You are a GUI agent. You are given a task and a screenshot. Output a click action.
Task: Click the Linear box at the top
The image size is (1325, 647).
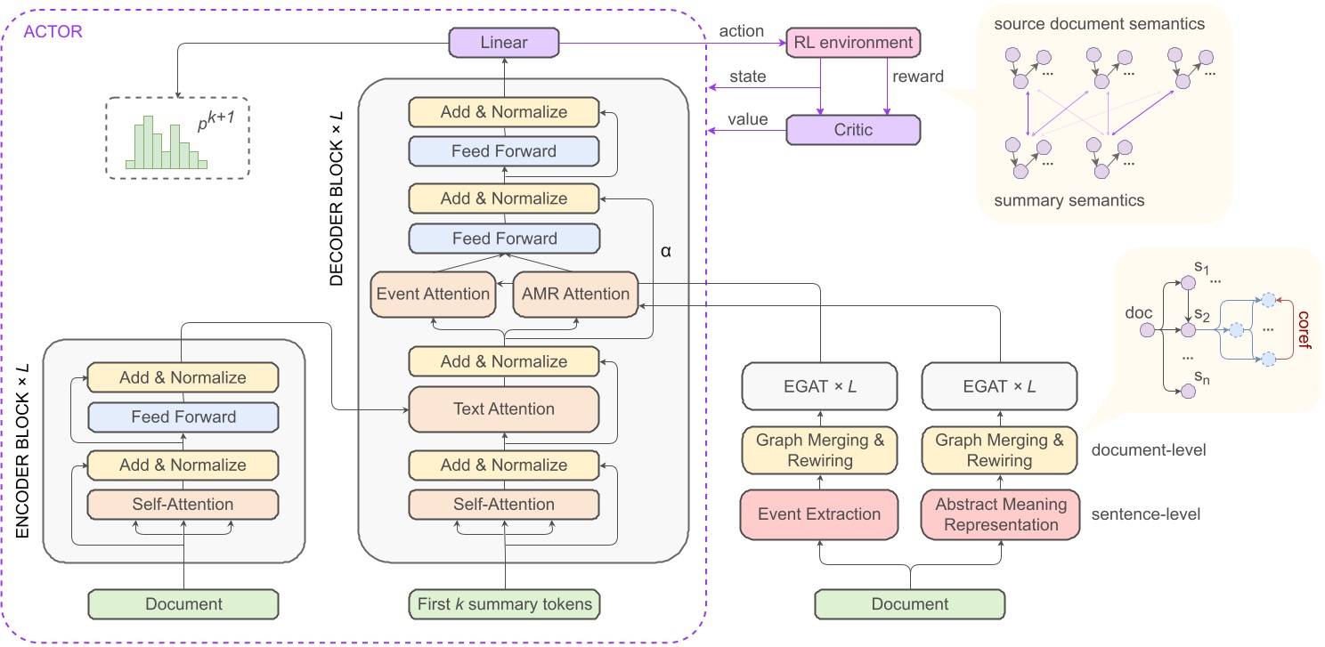(x=504, y=42)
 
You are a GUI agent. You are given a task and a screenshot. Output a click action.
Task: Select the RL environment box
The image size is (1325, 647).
(x=852, y=42)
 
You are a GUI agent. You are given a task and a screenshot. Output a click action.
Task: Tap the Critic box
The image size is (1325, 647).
(x=852, y=130)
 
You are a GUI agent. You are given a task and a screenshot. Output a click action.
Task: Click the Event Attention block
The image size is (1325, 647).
(x=433, y=294)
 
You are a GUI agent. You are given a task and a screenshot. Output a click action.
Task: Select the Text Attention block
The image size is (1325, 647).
(x=504, y=409)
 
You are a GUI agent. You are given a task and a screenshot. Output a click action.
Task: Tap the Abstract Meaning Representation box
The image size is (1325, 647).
(x=1000, y=514)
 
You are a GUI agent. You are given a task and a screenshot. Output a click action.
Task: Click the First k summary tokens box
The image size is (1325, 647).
(x=504, y=604)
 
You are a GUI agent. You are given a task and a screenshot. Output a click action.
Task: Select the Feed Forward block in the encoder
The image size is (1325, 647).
(x=183, y=417)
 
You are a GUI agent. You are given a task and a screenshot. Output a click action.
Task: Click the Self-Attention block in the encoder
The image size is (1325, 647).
(x=183, y=505)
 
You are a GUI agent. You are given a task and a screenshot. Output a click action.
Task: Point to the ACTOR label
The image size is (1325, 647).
(x=53, y=32)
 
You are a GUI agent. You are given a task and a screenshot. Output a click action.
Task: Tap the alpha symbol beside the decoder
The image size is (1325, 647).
(x=665, y=251)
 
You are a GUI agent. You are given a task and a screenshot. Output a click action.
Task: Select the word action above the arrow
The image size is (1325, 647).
(x=741, y=31)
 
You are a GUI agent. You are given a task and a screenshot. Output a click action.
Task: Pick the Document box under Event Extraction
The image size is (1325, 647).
(x=910, y=604)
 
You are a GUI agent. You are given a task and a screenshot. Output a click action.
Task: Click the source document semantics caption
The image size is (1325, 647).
(x=1100, y=24)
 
